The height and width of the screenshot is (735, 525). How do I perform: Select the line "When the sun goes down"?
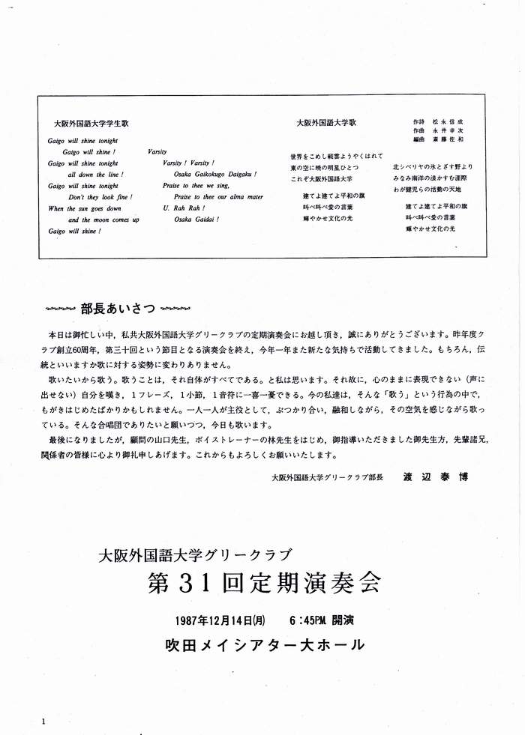(84, 208)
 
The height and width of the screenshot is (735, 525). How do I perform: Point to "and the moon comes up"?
(103, 220)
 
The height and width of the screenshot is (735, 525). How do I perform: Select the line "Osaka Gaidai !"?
(196, 220)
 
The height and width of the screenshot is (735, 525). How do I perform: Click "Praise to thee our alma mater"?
(213, 197)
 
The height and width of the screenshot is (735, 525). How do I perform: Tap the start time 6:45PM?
(310, 620)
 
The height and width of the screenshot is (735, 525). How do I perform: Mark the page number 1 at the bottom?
(44, 721)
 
